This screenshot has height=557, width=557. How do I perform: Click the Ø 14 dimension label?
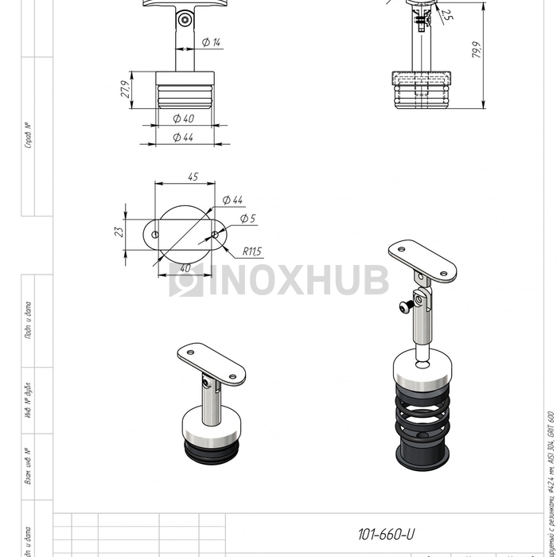[211, 42]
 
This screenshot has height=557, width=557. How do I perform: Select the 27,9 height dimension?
[125, 89]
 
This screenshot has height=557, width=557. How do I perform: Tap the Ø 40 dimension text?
[183, 119]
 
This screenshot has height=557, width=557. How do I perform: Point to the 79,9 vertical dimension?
[477, 50]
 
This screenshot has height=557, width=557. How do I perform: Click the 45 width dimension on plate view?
[193, 177]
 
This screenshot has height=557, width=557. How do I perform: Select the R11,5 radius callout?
[251, 251]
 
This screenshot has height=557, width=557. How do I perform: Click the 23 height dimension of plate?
[119, 232]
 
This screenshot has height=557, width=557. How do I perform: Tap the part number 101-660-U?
[387, 535]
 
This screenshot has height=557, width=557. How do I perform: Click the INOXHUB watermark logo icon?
[185, 280]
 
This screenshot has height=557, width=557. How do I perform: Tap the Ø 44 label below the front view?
[183, 138]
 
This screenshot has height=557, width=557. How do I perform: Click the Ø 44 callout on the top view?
[232, 199]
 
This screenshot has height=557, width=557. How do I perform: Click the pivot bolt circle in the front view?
[185, 17]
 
